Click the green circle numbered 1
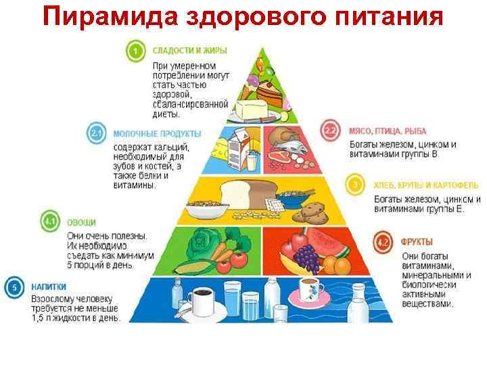tap(136, 51)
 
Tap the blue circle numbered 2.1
tap(97, 134)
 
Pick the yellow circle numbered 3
tap(354, 183)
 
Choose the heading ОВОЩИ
tap(81, 221)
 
